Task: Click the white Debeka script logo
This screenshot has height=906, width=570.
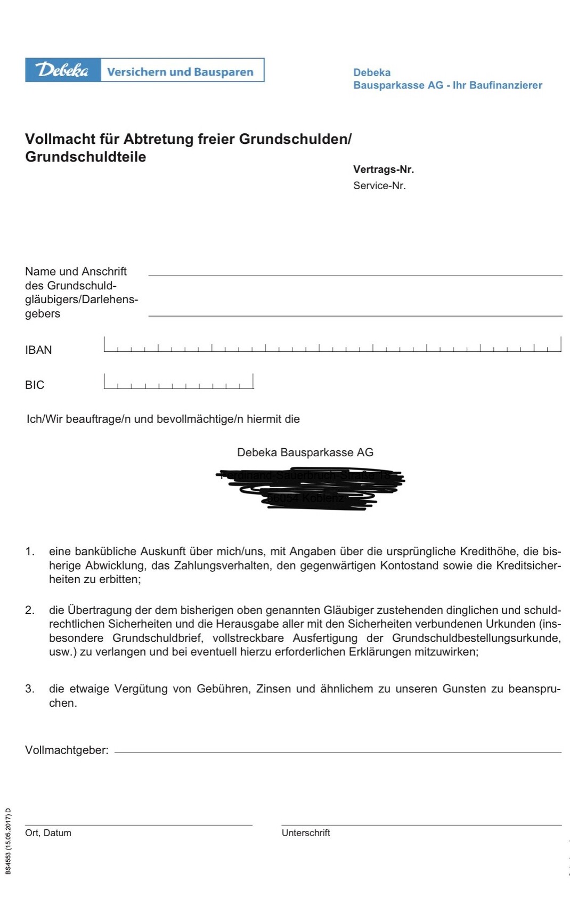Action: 62,70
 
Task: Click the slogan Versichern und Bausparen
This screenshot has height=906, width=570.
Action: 180,72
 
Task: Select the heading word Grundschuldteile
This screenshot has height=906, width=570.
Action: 85,157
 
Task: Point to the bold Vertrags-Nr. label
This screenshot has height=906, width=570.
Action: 383,169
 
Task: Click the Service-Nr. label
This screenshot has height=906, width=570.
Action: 379,185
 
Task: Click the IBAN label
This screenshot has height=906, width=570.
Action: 38,350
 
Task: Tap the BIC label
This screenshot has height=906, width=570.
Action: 35,385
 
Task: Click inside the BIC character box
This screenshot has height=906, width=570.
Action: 178,381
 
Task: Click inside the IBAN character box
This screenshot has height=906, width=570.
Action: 332,344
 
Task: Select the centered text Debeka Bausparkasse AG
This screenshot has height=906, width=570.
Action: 305,452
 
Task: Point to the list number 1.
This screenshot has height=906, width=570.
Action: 30,552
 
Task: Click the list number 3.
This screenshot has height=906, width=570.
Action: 30,689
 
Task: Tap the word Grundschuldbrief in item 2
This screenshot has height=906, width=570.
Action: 157,638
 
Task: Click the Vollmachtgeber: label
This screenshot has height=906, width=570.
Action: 67,750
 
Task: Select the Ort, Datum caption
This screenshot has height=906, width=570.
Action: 48,833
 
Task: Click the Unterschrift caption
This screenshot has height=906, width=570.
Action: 306,833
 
